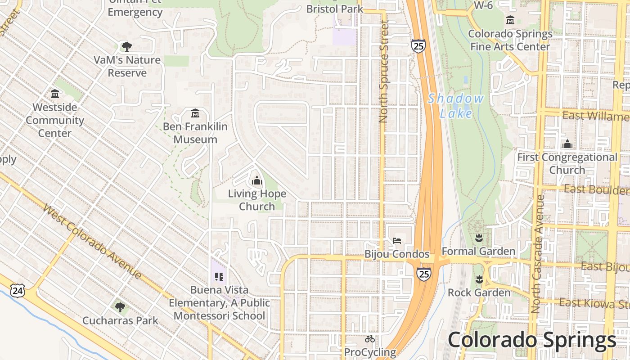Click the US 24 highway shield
tap(17, 291)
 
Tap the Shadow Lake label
tap(456, 106)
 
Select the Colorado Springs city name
tap(531, 340)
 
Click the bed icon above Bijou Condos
tap(397, 240)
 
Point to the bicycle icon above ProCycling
tap(370, 339)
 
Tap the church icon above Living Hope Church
tap(257, 181)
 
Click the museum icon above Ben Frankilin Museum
tap(195, 113)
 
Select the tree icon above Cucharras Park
tap(120, 307)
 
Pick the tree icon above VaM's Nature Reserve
tap(127, 46)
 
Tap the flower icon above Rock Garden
tap(479, 279)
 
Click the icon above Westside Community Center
tap(55, 94)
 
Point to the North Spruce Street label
tap(383, 72)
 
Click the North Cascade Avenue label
tap(538, 254)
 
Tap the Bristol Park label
tap(335, 9)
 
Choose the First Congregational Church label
tap(567, 163)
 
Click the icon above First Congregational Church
tap(567, 144)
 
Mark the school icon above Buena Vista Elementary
tap(219, 276)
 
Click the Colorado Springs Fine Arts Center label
tap(510, 40)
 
